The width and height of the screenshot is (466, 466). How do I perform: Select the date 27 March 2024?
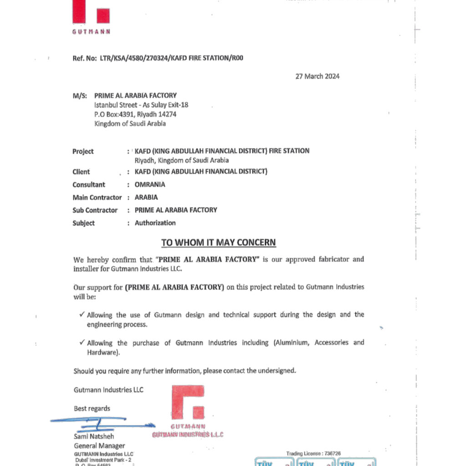point(317,76)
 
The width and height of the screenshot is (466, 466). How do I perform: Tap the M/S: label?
point(80,96)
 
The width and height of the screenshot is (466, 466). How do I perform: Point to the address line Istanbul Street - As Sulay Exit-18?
point(141,105)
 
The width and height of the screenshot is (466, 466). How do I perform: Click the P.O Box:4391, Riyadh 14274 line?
point(135,114)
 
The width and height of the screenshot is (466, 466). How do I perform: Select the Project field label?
point(83,152)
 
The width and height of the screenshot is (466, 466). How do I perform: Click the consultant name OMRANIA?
point(150,185)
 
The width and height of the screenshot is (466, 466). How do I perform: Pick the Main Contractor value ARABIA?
point(146,198)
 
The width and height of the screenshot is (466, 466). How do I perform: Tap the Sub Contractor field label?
point(95,210)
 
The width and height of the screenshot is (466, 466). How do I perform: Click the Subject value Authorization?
point(155,223)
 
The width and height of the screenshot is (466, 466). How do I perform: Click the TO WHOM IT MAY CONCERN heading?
point(218,243)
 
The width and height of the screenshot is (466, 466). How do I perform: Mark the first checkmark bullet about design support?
point(81,314)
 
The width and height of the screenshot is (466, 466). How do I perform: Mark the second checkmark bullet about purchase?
point(81,342)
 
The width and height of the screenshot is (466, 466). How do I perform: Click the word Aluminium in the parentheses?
point(292,343)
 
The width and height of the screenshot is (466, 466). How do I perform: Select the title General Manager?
point(99,446)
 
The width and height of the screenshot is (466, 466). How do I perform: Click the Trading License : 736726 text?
point(313,454)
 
